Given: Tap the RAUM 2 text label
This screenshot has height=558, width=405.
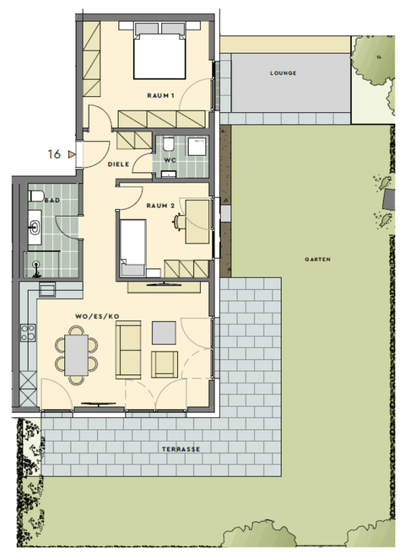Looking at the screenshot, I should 160,205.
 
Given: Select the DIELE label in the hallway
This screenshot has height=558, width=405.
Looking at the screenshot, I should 118,164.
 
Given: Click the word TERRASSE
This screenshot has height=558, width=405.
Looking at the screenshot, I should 181,449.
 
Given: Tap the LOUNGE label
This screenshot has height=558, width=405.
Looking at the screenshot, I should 283,73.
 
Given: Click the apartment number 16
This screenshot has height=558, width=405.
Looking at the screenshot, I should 55,154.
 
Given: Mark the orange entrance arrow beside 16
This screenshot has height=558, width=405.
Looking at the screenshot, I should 73,154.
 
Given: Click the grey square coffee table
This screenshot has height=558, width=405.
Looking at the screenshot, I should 164,333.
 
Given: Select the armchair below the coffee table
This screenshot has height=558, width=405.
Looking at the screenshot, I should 163,364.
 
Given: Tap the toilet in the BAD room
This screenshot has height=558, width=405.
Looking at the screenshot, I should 36,196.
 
